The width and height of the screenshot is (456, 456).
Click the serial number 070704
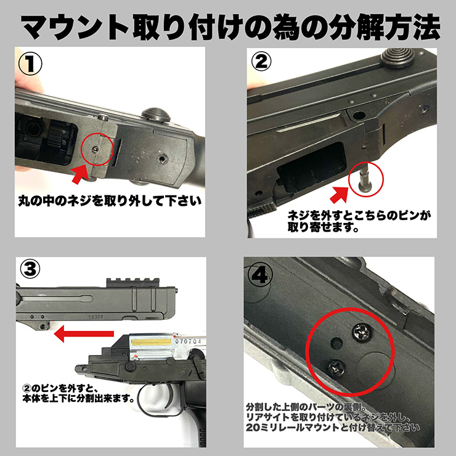(190, 338)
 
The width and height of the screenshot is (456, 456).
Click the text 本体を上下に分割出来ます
(90, 397)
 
